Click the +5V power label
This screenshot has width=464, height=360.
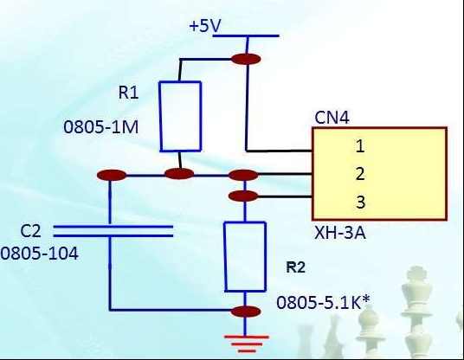coord(205,25)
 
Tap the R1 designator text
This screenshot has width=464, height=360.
coord(128,93)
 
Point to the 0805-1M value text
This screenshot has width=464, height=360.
coord(101,127)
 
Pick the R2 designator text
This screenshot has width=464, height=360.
coord(295,267)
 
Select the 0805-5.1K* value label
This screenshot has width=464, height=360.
coord(323,302)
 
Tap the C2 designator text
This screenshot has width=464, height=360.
coord(30,231)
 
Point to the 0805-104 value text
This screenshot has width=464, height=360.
coord(39,254)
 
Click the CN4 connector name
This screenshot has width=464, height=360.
coord(332,118)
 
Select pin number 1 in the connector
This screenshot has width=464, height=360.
coord(360,146)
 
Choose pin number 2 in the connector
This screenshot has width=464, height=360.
coord(360,174)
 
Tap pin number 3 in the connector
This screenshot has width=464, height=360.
coord(360,202)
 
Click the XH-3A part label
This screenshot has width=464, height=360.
coord(339,233)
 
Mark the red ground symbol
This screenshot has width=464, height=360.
coord(246,344)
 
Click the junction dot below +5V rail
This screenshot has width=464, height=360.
coord(246,59)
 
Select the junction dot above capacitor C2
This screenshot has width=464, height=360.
coord(112,175)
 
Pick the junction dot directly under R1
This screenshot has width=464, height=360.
coord(179,174)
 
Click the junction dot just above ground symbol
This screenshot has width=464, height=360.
coord(246,312)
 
